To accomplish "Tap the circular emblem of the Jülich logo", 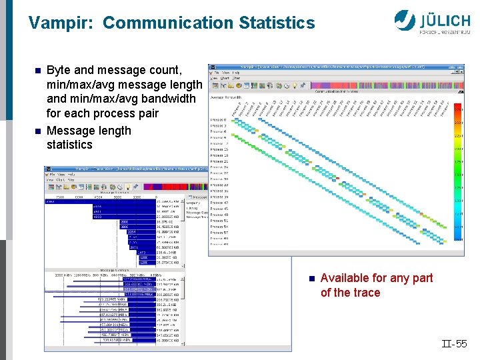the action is pos(404,19).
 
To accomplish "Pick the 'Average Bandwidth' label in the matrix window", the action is pos(228,97).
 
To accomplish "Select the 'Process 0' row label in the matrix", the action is pos(219,119).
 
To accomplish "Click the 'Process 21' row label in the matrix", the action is pos(219,161).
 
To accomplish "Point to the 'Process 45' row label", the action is pos(219,209).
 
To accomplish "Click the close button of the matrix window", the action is pos(461,67).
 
